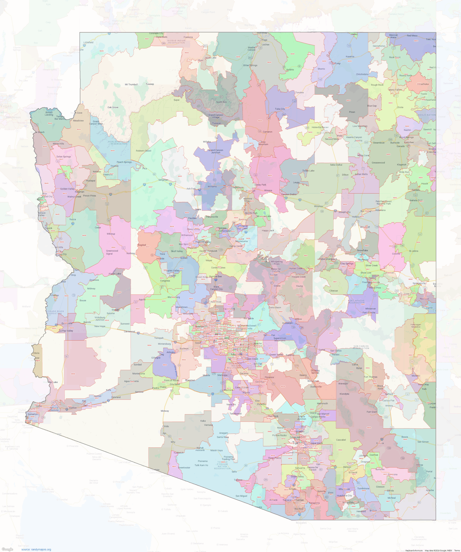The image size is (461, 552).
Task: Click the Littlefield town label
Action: click(x=88, y=42)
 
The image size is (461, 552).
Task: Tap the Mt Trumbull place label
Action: click(x=131, y=84)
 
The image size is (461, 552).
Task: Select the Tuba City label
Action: click(x=280, y=109)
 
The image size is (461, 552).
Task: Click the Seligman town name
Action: click(x=163, y=180)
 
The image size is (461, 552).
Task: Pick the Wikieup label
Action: click(x=111, y=234)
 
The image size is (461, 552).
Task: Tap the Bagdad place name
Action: click(x=142, y=245)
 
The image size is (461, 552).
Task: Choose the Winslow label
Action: click(x=318, y=206)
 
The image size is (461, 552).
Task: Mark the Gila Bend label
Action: click(x=175, y=384)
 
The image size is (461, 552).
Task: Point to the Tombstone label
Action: click(x=363, y=488)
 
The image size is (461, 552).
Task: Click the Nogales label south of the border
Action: click(x=301, y=522)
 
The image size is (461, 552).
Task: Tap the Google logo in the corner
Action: click(x=7, y=549)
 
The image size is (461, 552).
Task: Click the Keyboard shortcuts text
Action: click(x=414, y=550)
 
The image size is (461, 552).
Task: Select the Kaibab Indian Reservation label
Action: click(x=176, y=42)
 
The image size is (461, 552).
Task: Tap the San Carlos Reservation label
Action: click(x=361, y=347)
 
